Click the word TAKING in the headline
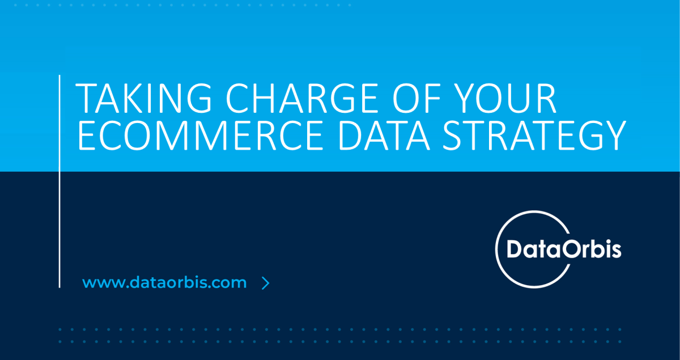pos(143,98)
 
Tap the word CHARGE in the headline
pos(301,98)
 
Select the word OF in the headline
pos(416,98)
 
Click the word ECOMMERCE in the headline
pos(201,135)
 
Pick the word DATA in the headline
pos(384,135)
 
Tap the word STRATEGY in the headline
pos(534,135)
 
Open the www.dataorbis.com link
pos(164,282)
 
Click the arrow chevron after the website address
pos(266,283)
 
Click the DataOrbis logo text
pos(564,249)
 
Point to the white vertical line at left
pos(59,181)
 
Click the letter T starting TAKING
pos(86,98)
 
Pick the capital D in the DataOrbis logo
pos(515,249)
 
